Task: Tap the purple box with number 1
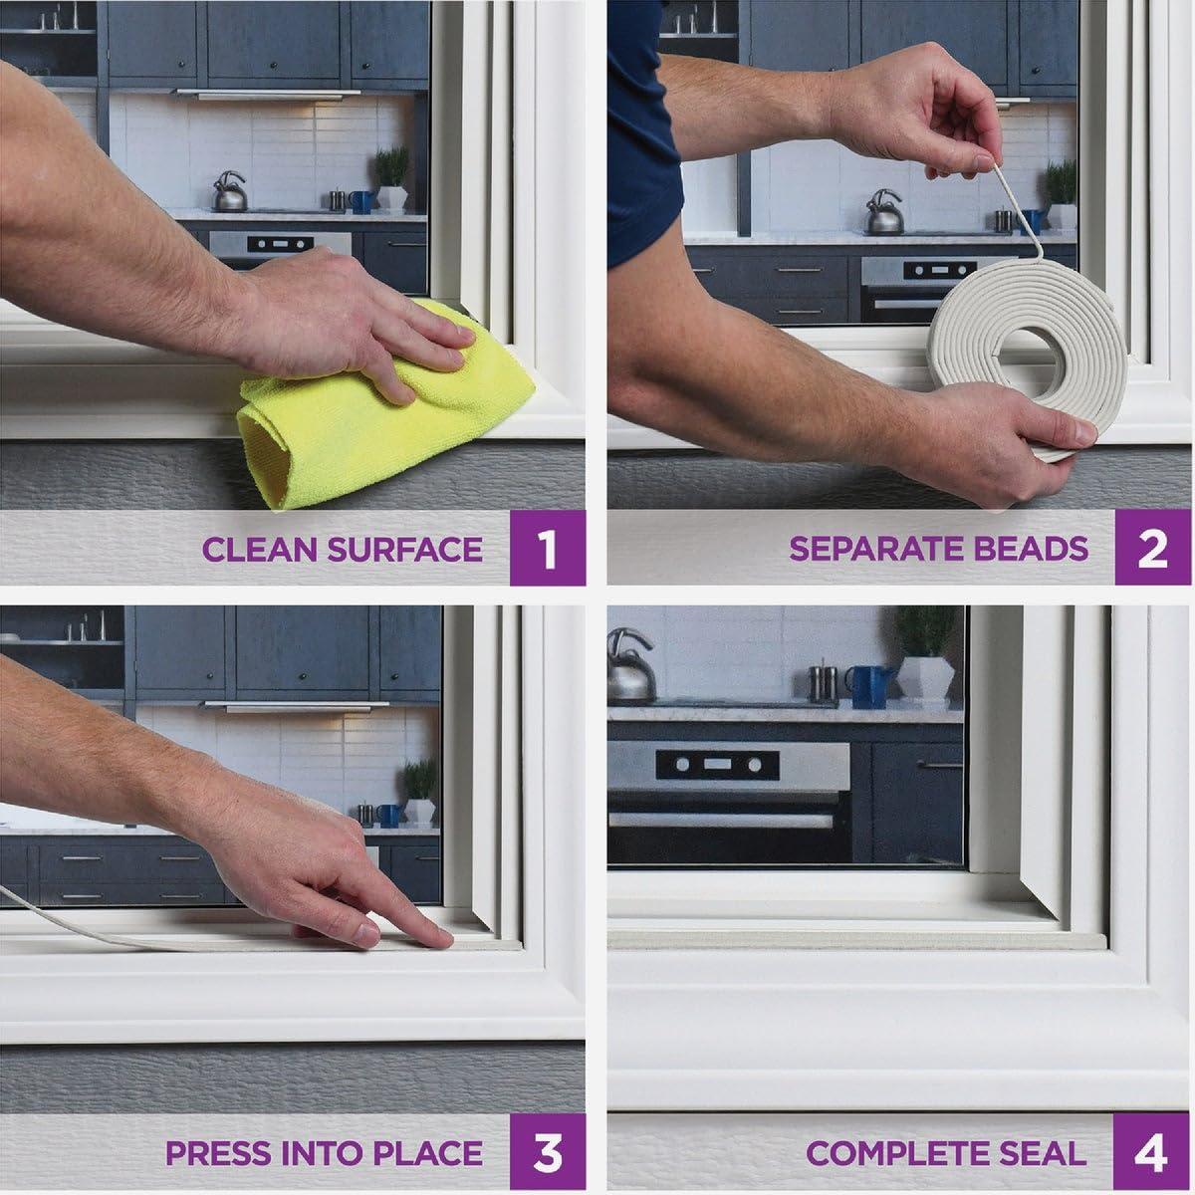click(548, 548)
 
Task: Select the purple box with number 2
click(1152, 548)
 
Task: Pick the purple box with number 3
click(548, 1151)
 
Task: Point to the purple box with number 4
click(1151, 1151)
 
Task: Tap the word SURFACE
click(405, 550)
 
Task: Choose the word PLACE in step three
click(428, 1153)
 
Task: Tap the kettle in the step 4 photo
click(631, 665)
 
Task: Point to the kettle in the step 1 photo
click(230, 192)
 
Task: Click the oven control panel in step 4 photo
click(717, 765)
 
